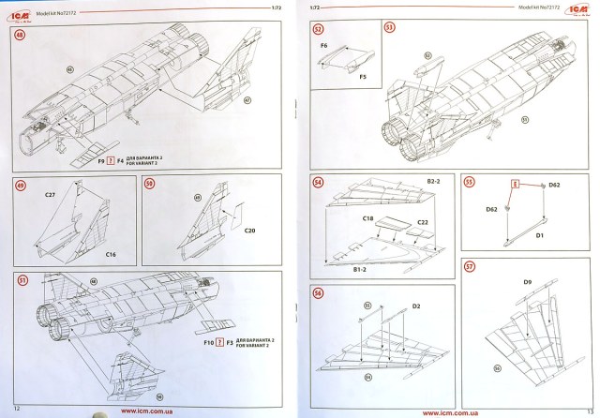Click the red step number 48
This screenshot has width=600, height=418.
[x=21, y=35]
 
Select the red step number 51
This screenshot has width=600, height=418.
[x=21, y=279]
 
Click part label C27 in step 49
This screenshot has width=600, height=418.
[x=51, y=195]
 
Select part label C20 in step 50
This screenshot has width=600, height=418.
[x=249, y=231]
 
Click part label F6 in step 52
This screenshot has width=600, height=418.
[x=323, y=45]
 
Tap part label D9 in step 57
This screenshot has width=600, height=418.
[x=527, y=280]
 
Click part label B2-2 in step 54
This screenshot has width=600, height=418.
[x=434, y=179]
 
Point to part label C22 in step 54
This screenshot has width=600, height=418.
[x=423, y=221]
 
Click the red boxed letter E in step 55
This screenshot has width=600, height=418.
[x=514, y=186]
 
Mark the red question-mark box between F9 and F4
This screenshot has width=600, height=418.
[x=110, y=159]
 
